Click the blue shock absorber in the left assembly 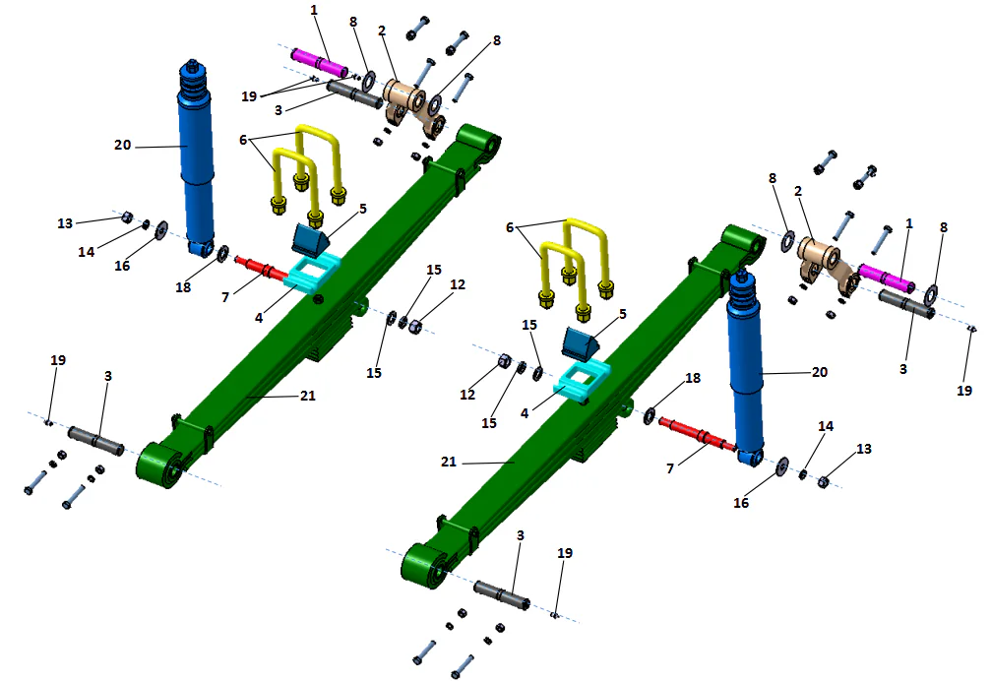point(197,157)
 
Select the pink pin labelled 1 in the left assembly point(322,65)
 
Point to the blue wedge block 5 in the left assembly point(309,237)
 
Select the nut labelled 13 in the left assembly point(127,218)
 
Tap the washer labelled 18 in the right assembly point(650,415)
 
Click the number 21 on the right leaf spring point(447,461)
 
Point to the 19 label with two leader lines point(249,96)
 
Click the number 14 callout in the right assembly point(825,426)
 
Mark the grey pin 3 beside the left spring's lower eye point(95,439)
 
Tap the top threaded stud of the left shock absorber point(190,70)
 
